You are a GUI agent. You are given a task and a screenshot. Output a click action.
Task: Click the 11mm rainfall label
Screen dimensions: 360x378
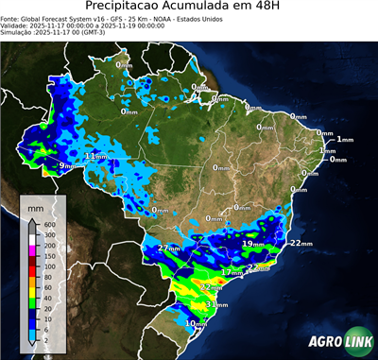tap(96, 156)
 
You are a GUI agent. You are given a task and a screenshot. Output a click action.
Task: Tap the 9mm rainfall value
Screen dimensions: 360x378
tap(66, 166)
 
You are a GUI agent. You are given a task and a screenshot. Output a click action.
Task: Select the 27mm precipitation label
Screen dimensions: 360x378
tap(169, 248)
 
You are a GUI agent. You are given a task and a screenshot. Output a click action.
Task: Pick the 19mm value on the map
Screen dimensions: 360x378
tap(252, 244)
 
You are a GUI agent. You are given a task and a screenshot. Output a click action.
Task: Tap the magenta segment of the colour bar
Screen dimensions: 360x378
tap(31, 249)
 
